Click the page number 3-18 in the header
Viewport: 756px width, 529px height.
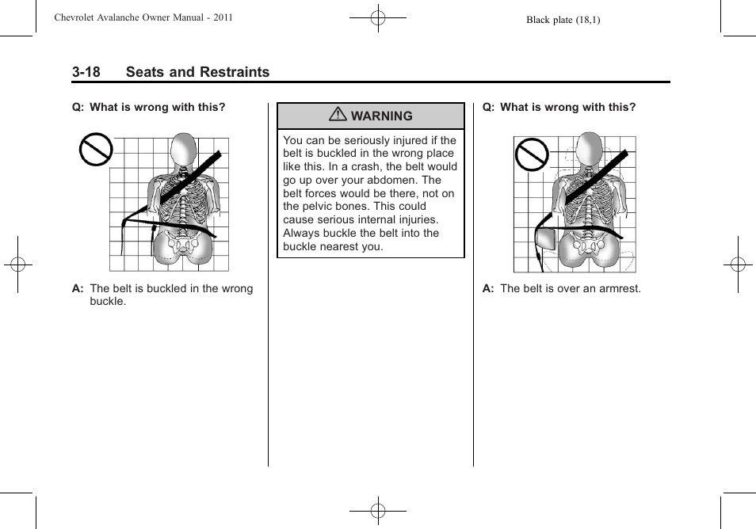(86, 72)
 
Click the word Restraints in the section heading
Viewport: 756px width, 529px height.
(235, 72)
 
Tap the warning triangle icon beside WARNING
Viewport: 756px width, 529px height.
(338, 116)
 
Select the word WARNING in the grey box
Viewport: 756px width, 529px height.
(381, 116)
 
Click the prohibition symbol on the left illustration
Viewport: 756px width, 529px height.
(95, 150)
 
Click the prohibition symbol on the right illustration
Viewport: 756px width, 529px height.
(531, 154)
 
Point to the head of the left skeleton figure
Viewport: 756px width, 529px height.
(184, 150)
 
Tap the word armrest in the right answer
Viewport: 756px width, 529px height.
(619, 288)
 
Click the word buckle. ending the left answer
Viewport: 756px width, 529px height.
(108, 301)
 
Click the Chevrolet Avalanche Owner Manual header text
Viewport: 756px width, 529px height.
(143, 17)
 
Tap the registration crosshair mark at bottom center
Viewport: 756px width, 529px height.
(378, 511)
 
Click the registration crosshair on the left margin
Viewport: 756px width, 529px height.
(17, 264)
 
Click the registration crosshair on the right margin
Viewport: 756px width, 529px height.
(738, 264)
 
